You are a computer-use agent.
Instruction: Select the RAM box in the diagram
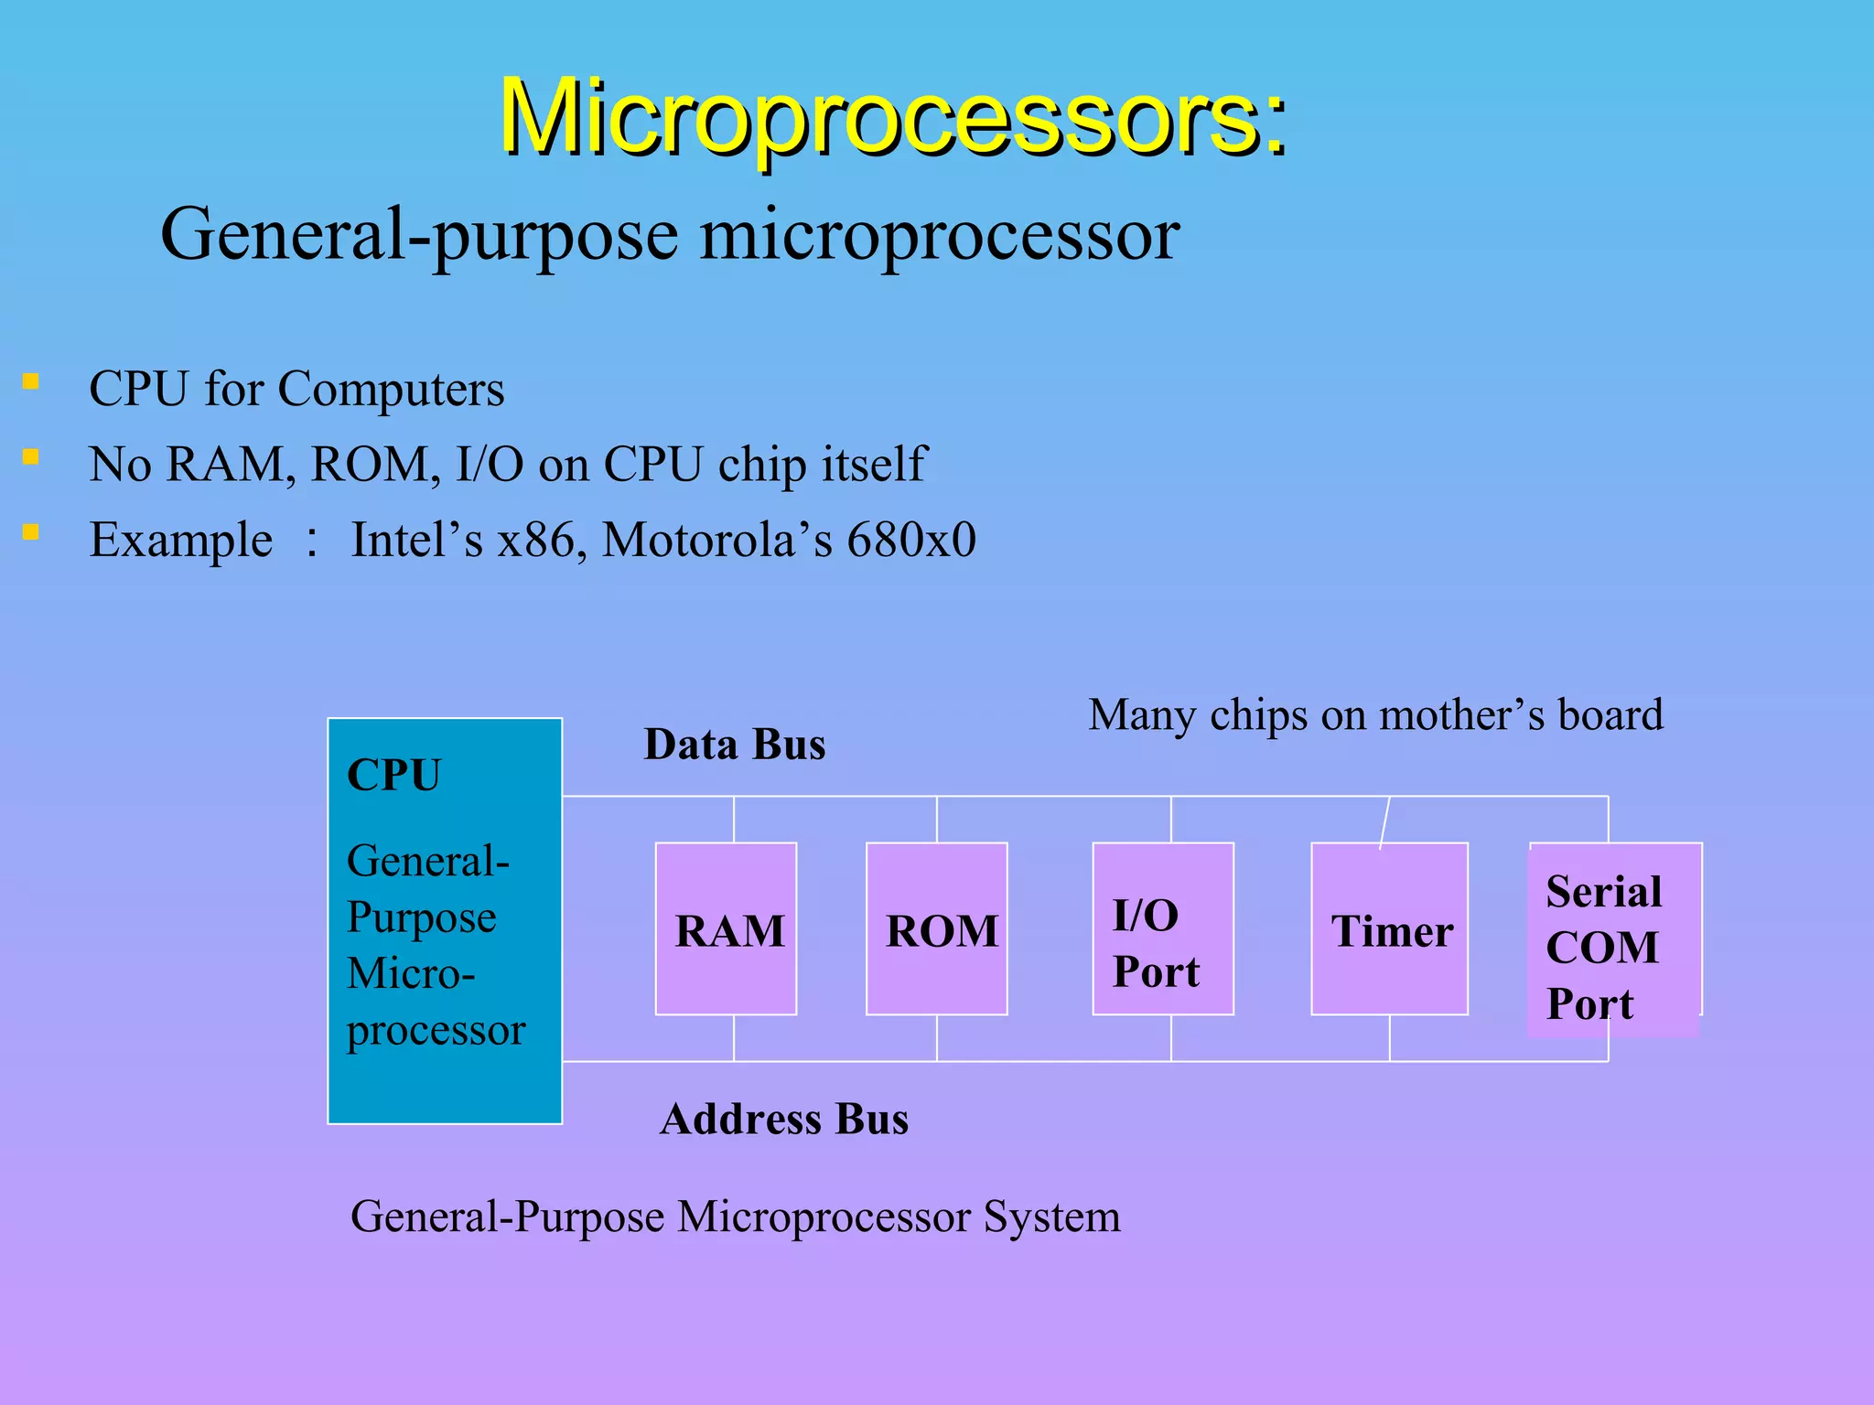point(726,928)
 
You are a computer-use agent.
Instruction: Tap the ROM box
point(936,928)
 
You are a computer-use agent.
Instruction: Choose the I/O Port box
point(1162,928)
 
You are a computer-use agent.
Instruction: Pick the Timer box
point(1389,928)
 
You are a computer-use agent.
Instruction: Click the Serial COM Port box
point(1614,942)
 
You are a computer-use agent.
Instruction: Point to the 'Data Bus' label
point(734,745)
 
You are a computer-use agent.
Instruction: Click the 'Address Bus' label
point(784,1120)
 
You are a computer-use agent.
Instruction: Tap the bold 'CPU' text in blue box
point(393,775)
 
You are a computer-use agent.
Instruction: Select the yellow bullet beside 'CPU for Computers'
point(31,381)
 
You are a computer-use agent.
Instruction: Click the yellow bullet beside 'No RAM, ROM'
point(31,456)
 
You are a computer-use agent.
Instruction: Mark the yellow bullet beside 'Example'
point(31,531)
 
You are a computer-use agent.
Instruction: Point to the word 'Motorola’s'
point(717,540)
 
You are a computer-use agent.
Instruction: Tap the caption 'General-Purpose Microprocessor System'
point(735,1217)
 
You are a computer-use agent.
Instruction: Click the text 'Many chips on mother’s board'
point(1375,715)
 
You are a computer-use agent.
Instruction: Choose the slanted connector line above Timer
point(1384,822)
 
